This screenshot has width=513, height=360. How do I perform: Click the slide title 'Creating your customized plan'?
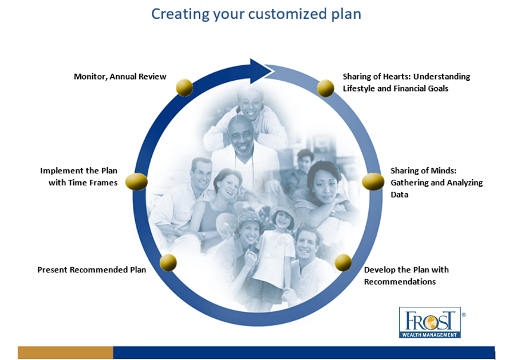256,14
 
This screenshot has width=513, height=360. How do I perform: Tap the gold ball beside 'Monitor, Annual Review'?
184,88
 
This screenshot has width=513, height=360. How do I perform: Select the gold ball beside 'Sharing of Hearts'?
326,88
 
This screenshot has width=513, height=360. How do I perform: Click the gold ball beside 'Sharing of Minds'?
373,182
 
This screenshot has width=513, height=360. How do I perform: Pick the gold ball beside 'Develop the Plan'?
343,263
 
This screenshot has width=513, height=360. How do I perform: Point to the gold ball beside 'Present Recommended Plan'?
168,263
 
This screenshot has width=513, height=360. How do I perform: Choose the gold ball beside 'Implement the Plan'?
136,182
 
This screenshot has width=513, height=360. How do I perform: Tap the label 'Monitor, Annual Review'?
120,77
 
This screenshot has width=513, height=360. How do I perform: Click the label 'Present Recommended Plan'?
92,270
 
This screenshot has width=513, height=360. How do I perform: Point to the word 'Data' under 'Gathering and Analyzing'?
400,195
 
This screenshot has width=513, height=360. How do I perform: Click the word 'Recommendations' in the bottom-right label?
400,282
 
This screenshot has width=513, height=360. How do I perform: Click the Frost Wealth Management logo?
430,322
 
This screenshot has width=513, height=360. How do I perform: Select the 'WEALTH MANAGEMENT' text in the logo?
429,335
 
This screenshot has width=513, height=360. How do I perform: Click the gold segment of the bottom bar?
65,353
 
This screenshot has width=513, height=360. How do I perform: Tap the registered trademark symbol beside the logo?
464,315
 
